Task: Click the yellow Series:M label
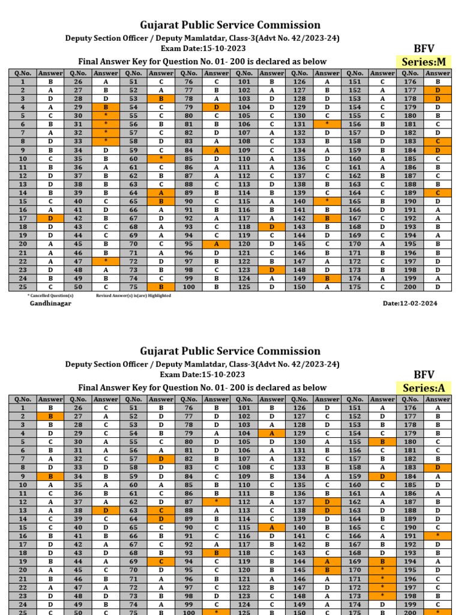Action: (424, 62)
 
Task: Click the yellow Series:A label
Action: (424, 388)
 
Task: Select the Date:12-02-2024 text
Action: (410, 303)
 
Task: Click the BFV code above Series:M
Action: (424, 48)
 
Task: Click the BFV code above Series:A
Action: (424, 374)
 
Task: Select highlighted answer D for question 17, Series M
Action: (50, 219)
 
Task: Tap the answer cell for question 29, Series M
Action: (106, 107)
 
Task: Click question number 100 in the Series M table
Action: (189, 287)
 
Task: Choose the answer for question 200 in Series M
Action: (438, 287)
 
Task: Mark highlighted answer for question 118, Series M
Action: (271, 227)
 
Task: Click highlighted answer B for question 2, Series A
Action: (50, 416)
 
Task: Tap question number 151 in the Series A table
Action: (355, 408)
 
